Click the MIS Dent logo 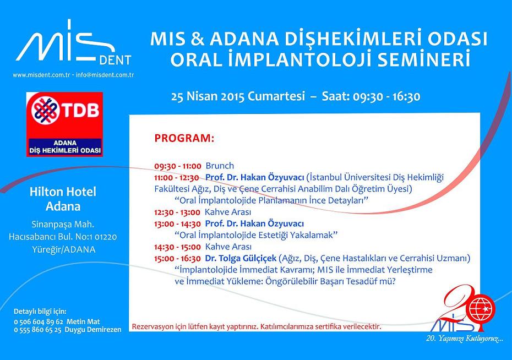pyautogui.click(x=74, y=43)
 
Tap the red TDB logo pyautogui.click(x=64, y=124)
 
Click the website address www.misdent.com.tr pyautogui.click(x=41, y=75)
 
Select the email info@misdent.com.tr pyautogui.click(x=105, y=75)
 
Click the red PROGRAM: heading pyautogui.click(x=184, y=138)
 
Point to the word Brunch pyautogui.click(x=220, y=166)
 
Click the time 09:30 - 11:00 pyautogui.click(x=178, y=166)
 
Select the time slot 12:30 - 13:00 pyautogui.click(x=177, y=212)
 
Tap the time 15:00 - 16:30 pyautogui.click(x=178, y=259)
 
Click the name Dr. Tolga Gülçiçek pyautogui.click(x=241, y=258)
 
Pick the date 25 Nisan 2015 pyautogui.click(x=208, y=96)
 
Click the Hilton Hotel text pyautogui.click(x=63, y=192)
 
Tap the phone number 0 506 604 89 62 pyautogui.click(x=39, y=322)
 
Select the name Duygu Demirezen pyautogui.click(x=93, y=330)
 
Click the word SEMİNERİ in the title pyautogui.click(x=424, y=59)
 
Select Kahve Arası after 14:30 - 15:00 pyautogui.click(x=228, y=247)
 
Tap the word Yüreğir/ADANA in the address pyautogui.click(x=64, y=250)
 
